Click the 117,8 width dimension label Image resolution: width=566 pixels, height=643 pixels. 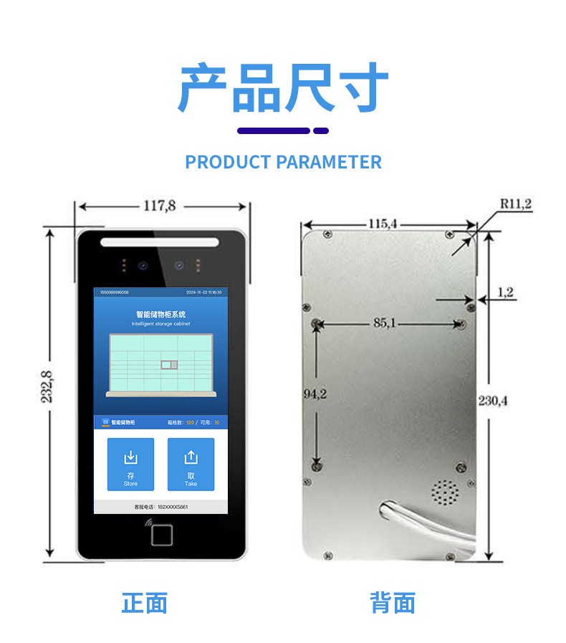[160, 206]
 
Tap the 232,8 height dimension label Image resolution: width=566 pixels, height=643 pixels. [47, 386]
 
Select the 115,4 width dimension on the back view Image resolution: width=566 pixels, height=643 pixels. [382, 223]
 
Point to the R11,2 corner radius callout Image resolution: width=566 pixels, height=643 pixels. [515, 204]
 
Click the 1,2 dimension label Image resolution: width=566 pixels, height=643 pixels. [505, 292]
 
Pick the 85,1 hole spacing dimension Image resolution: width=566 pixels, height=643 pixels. [385, 323]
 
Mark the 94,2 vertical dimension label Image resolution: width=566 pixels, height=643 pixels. [315, 394]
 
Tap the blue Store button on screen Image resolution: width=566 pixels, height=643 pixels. [130, 465]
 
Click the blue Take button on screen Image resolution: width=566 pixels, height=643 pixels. [191, 465]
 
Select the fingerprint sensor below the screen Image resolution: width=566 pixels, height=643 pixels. [162, 533]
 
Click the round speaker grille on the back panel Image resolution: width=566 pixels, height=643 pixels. [445, 493]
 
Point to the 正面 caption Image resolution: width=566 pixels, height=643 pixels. [144, 602]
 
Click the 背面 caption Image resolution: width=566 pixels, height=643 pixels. [392, 602]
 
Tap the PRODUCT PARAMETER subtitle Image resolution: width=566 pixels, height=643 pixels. [283, 162]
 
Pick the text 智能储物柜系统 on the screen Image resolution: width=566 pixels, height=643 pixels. [160, 314]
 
